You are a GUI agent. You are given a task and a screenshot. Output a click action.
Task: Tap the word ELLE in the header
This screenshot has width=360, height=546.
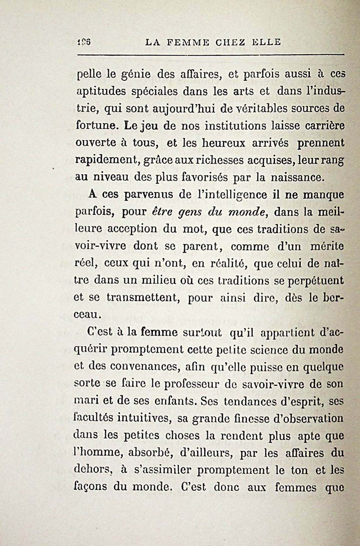pos(266,42)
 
